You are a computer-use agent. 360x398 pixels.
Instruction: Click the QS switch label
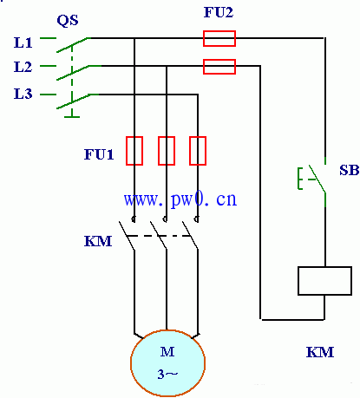68,21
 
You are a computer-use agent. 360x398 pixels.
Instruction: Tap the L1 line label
23,42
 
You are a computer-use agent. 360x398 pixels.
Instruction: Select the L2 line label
23,67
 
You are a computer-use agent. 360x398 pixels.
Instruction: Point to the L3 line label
23,94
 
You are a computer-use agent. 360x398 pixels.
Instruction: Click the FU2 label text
219,12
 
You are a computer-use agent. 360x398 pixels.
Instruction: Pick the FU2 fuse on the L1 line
219,38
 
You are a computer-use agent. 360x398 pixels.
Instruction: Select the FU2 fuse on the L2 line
219,67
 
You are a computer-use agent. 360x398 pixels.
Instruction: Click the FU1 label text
99,154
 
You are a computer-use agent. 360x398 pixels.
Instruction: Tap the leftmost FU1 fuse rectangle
134,151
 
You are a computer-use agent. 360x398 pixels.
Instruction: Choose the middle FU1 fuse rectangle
167,151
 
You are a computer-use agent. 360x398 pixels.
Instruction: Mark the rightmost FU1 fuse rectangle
198,151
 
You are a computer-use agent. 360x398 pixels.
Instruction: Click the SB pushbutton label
350,170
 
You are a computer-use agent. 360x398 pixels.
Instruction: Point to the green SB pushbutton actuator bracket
299,179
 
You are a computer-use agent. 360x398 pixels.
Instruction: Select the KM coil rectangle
324,281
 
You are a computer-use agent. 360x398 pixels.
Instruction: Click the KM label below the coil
320,352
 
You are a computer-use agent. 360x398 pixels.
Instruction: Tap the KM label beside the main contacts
98,241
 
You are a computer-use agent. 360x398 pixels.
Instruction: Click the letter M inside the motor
167,352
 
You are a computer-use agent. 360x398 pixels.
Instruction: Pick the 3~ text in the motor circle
167,375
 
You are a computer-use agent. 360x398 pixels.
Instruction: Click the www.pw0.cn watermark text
180,199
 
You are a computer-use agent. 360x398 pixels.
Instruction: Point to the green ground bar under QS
72,117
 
